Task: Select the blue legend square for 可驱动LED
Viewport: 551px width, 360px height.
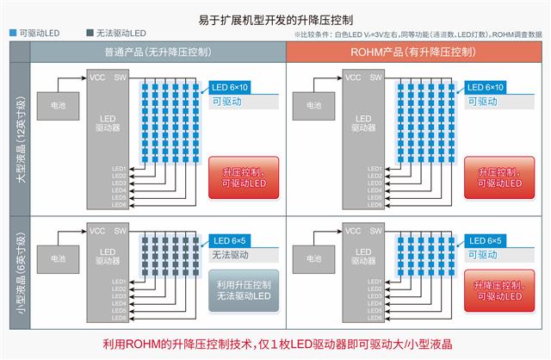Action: (12, 34)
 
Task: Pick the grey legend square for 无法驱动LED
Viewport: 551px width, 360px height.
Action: (90, 34)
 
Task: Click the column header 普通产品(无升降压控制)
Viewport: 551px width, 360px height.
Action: (159, 53)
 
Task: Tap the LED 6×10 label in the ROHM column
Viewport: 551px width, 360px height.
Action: (486, 88)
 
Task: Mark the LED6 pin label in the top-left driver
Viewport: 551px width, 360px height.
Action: (120, 204)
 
